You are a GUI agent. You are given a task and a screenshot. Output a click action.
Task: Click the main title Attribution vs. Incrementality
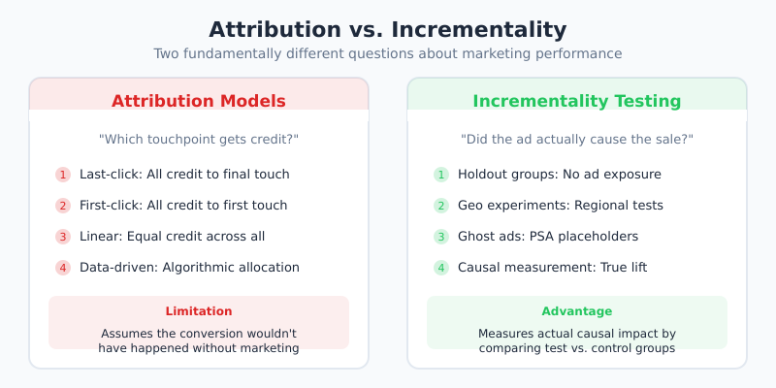tap(388, 29)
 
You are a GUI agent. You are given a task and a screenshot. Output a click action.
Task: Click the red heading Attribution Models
tap(199, 101)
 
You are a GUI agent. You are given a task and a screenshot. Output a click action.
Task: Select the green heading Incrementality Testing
tap(577, 101)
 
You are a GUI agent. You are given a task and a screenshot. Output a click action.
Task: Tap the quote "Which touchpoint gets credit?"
tap(199, 140)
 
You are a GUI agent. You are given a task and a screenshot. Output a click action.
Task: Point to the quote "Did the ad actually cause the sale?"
tap(577, 140)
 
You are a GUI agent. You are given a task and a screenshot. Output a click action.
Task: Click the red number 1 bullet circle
tap(63, 175)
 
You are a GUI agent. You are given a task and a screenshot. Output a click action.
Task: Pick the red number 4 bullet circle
tap(63, 268)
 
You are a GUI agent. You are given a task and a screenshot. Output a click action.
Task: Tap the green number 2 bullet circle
tap(441, 206)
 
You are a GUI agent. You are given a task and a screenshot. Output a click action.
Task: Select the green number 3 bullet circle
tap(441, 237)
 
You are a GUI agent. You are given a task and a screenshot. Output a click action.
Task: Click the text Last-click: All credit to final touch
tap(184, 175)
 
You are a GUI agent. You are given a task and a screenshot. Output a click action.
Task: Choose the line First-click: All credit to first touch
tap(183, 206)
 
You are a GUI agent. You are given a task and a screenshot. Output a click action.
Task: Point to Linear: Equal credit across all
tap(172, 237)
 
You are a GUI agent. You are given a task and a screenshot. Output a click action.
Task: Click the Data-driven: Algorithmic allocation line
tap(189, 268)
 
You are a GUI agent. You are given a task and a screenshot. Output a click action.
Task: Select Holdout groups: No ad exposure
tap(560, 175)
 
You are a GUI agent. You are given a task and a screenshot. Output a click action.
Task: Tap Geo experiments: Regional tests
tap(561, 206)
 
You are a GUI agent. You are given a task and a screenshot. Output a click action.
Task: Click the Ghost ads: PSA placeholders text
tap(548, 237)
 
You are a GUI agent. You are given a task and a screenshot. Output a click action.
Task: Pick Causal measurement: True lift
tap(553, 268)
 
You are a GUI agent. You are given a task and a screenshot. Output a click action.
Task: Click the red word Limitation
tap(199, 311)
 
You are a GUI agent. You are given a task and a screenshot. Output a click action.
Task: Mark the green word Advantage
tap(577, 311)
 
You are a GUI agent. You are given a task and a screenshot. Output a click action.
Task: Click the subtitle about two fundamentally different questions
tap(388, 54)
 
